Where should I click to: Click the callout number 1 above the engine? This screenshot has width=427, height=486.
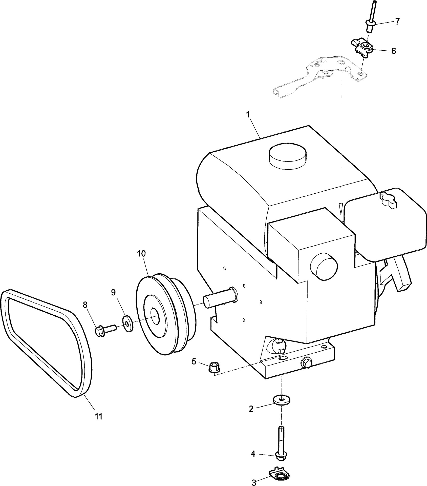[248, 115]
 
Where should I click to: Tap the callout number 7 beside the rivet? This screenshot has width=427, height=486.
[397, 22]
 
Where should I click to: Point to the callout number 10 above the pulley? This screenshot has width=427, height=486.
[141, 254]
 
